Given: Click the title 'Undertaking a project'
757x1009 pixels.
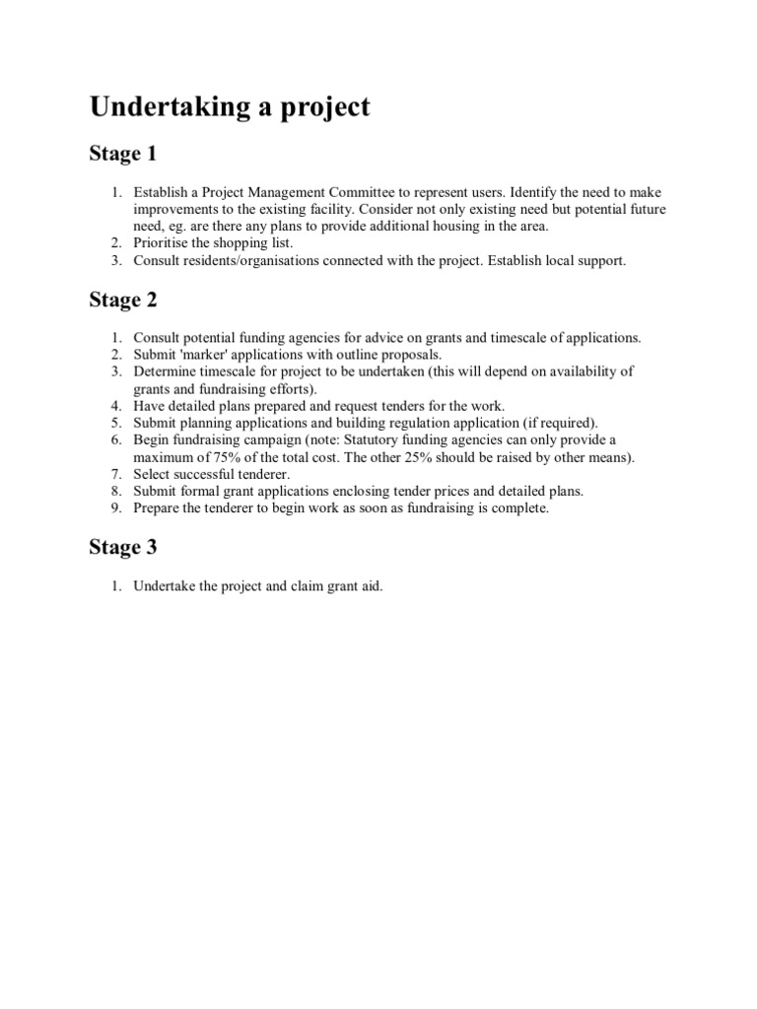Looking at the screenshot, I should click(x=230, y=107).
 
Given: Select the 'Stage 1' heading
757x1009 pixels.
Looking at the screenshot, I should click(x=122, y=155).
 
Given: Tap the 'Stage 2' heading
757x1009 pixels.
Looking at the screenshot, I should click(x=122, y=301).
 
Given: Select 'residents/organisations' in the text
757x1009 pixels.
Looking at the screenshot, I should click(x=255, y=260).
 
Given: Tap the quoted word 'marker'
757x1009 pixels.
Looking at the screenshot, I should click(x=207, y=354).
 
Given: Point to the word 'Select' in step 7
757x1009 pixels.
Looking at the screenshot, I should click(x=152, y=474).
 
